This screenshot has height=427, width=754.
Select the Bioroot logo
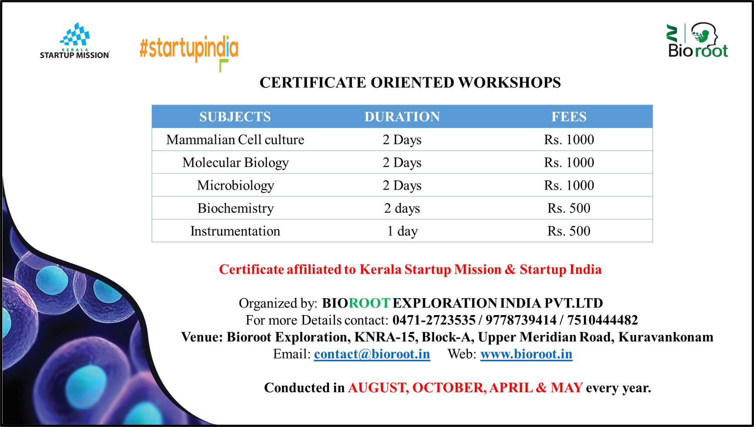click(x=698, y=40)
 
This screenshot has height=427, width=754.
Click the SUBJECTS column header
click(x=235, y=117)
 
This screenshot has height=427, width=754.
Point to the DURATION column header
click(x=402, y=117)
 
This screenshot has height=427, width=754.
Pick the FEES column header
click(x=569, y=117)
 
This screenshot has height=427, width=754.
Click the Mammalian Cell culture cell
click(x=235, y=140)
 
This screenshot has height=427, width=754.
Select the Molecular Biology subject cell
click(x=235, y=163)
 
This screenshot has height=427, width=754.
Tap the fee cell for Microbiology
click(x=569, y=185)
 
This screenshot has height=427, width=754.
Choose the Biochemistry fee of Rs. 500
click(x=569, y=208)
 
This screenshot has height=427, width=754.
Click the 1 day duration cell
click(x=402, y=231)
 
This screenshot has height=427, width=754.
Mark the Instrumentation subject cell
click(x=235, y=231)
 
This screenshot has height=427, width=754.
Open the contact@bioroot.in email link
click(x=372, y=354)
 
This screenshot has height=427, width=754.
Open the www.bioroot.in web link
click(x=526, y=354)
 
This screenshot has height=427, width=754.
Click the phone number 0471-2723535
click(x=434, y=320)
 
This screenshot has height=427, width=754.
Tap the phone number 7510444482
click(x=602, y=320)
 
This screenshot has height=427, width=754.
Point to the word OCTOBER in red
click(x=449, y=388)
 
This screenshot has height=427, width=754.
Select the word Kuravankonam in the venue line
click(x=666, y=337)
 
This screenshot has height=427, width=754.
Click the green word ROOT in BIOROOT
click(x=369, y=303)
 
